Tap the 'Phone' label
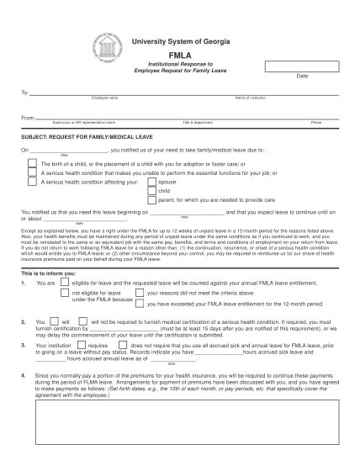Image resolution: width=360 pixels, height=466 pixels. click(x=316, y=123)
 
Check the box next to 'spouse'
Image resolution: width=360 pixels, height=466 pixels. click(x=151, y=182)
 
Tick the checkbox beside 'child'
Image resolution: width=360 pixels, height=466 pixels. click(x=151, y=192)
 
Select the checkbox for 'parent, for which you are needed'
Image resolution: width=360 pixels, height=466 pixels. click(x=151, y=201)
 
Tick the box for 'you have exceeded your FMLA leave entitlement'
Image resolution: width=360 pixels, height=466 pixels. click(x=139, y=304)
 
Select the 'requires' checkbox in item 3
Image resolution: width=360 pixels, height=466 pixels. click(x=82, y=345)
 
